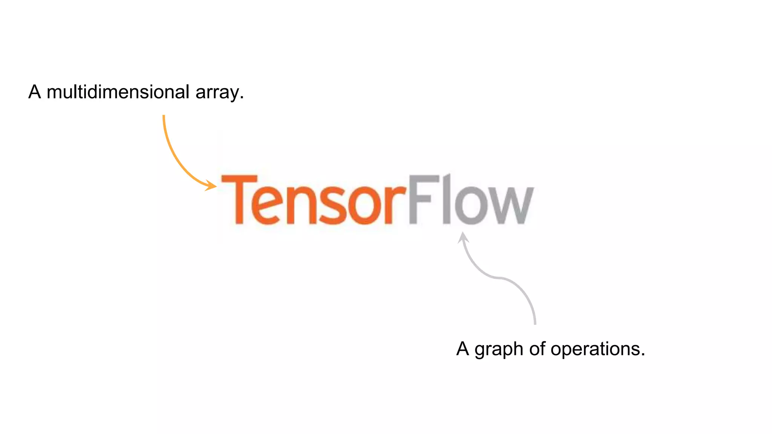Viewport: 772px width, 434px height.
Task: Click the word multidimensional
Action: click(118, 92)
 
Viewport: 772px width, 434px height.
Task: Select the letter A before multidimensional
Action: click(35, 92)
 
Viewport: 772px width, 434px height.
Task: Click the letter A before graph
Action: click(463, 349)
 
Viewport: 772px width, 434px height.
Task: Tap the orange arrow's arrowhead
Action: click(212, 185)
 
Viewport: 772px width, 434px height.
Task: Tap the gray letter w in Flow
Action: click(510, 206)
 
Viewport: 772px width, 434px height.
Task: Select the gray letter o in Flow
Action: click(471, 206)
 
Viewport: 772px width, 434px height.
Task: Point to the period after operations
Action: click(642, 355)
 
